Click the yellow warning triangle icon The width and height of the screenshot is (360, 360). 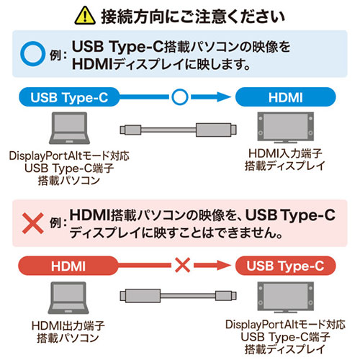coord(85,16)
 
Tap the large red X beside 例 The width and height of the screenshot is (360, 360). coord(33,223)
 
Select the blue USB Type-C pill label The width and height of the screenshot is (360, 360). coord(69,97)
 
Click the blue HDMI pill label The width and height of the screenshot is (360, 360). coord(285,97)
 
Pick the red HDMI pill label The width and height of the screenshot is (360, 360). coord(68,266)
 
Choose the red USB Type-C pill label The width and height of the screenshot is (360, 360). coord(285,266)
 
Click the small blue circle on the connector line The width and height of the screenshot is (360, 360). coord(180,97)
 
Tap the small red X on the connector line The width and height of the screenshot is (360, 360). coord(182,265)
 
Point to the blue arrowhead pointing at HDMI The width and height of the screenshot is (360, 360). coord(224,97)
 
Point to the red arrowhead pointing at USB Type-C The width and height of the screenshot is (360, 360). coord(224,265)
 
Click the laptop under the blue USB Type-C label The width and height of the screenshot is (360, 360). coord(69,128)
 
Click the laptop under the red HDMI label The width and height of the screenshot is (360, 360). coord(68,298)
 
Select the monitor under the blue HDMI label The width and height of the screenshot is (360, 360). coord(285,127)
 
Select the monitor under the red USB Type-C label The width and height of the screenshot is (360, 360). coord(285,297)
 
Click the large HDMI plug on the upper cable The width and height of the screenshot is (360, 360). coord(216,130)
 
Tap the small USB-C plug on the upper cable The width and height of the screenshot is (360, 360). coord(130,130)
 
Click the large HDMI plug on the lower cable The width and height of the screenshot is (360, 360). coord(140,296)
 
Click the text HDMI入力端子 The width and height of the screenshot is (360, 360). coord(285,153)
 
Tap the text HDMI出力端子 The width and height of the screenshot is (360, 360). coord(68,325)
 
